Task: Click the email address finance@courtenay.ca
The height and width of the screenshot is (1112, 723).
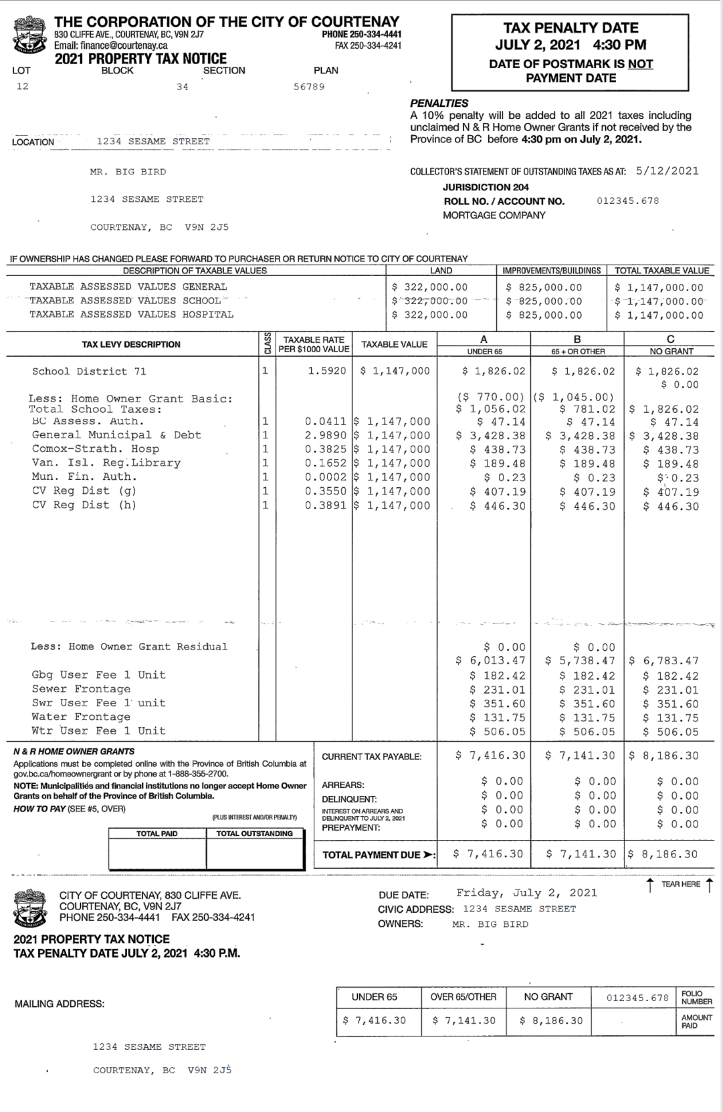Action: [111, 45]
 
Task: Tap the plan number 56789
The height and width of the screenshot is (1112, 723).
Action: [309, 87]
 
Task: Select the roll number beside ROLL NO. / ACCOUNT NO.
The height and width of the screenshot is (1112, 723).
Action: [627, 201]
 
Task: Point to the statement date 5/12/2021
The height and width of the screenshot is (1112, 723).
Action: [667, 171]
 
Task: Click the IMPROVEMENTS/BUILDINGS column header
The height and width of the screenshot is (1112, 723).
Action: [551, 271]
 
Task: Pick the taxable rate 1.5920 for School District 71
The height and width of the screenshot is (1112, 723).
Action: [326, 371]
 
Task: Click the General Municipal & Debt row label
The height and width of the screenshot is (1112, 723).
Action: [116, 435]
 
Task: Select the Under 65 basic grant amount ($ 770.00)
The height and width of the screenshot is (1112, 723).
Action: [490, 397]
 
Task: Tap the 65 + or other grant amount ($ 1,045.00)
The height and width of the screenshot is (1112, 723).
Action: [575, 397]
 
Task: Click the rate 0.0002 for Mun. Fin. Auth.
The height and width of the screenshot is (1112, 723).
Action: [326, 477]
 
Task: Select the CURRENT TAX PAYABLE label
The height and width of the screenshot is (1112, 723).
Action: [371, 756]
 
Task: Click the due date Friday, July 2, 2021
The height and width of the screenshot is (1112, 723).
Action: [526, 893]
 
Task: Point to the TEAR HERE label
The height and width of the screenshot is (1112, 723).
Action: [680, 884]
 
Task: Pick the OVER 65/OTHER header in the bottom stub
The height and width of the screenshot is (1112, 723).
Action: [463, 997]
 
